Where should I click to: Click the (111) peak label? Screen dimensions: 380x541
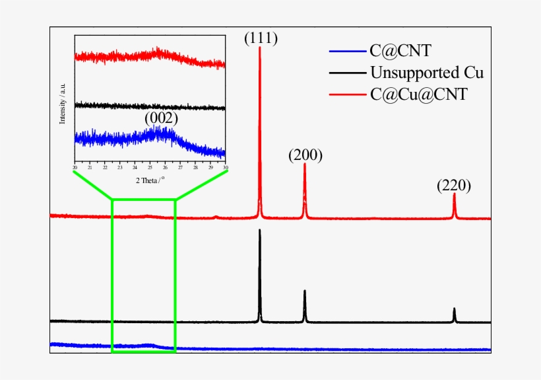click(261, 38)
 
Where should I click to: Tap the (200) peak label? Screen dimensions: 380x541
click(305, 155)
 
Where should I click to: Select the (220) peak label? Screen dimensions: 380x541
click(454, 186)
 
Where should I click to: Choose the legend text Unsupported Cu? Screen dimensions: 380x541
click(427, 72)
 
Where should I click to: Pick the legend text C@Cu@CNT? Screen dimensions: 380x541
click(418, 94)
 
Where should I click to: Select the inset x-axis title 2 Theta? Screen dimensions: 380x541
click(150, 180)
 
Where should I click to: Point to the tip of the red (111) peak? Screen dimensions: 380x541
click(260, 48)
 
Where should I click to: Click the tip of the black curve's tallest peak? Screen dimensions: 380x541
click(260, 230)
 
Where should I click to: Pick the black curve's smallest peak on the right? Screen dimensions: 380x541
click(454, 309)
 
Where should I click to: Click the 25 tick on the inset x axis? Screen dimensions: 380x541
click(150, 167)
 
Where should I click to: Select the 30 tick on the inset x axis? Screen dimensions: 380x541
click(226, 167)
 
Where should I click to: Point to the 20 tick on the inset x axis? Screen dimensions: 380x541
click(75, 167)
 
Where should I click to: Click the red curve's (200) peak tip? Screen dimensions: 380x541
click(305, 165)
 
